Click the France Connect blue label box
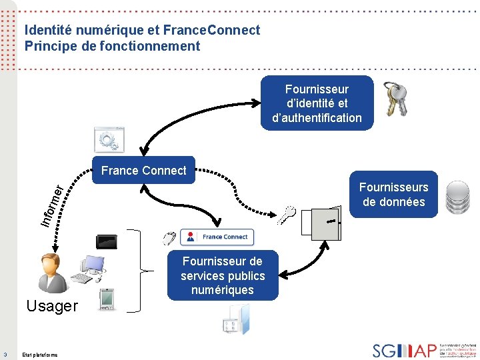(x=144, y=171)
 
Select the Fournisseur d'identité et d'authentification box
(x=317, y=103)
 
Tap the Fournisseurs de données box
(x=393, y=195)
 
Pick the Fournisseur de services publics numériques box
(x=223, y=276)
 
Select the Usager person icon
(x=52, y=272)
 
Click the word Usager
(x=51, y=307)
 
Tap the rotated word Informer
(x=51, y=203)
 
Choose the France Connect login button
(x=217, y=237)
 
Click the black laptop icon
(x=107, y=241)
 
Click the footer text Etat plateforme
(x=40, y=355)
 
